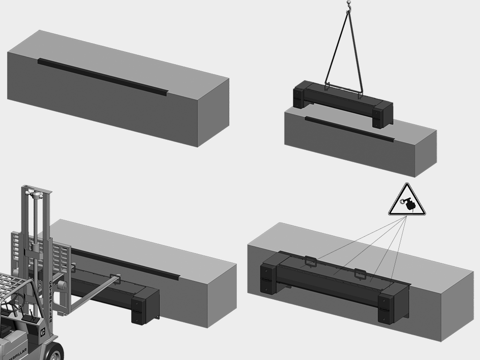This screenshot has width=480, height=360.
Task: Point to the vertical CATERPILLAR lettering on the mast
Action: point(51,301)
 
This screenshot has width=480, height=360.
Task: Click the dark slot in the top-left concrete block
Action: point(103,77)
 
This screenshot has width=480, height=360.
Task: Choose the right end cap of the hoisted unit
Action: point(382,114)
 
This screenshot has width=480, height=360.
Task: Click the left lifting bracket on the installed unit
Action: point(311,262)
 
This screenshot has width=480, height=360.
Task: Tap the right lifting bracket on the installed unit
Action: point(360,274)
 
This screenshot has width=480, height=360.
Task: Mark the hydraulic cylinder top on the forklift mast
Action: point(34,193)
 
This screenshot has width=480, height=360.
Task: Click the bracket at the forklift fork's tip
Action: point(115,279)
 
